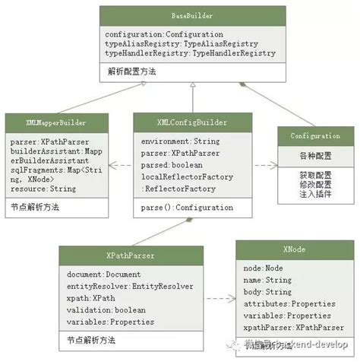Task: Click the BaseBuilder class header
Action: tap(192, 15)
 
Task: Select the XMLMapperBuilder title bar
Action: tap(55, 122)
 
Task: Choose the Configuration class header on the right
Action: tap(315, 135)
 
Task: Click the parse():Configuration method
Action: tap(187, 206)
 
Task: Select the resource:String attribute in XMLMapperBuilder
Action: tap(38, 188)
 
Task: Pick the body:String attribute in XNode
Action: tap(268, 291)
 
